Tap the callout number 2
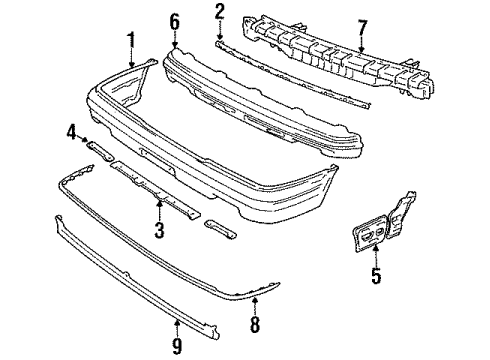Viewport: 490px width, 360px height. (219, 11)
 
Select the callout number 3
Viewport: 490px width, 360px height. (160, 230)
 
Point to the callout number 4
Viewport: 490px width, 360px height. (71, 133)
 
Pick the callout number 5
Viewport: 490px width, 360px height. (376, 275)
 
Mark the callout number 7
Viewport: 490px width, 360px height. (362, 30)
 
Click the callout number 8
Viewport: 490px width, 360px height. (255, 324)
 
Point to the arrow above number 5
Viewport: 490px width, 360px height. (376, 255)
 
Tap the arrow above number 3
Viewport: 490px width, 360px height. (160, 210)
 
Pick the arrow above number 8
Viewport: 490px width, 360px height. (255, 306)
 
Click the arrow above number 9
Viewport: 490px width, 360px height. (177, 327)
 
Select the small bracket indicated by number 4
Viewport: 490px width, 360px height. (100, 152)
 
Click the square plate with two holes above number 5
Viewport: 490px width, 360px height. (370, 233)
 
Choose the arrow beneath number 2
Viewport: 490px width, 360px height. (219, 31)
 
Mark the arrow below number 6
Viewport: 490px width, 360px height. (175, 40)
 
